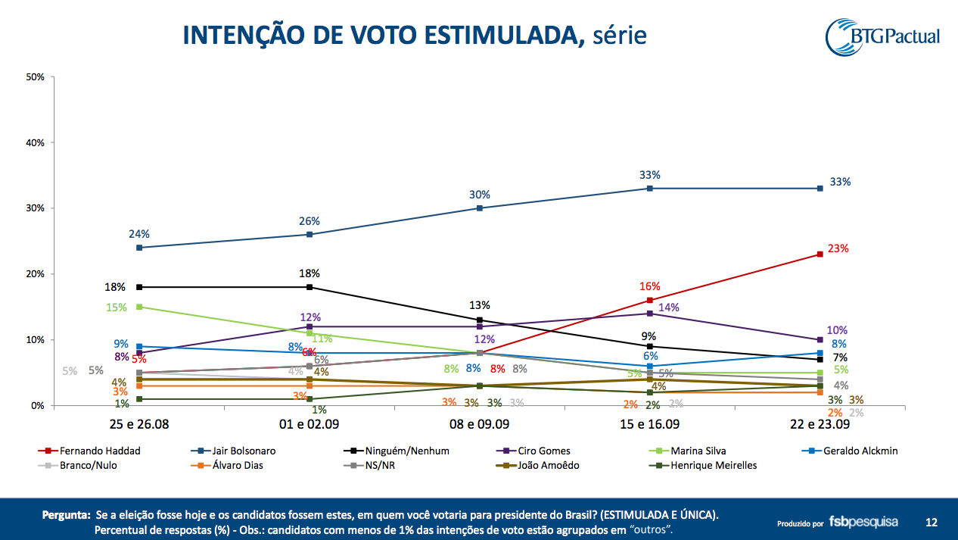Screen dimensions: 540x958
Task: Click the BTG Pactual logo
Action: pyautogui.click(x=882, y=37)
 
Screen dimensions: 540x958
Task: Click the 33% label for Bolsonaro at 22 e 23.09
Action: pyautogui.click(x=840, y=182)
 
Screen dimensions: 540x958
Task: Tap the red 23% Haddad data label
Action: pyautogui.click(x=838, y=248)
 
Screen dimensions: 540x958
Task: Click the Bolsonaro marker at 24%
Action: pyautogui.click(x=140, y=248)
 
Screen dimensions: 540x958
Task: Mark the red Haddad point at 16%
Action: pyautogui.click(x=650, y=300)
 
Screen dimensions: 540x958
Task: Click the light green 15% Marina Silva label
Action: pyautogui.click(x=117, y=307)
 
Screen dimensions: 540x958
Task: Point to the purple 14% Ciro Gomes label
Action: pyautogui.click(x=668, y=307)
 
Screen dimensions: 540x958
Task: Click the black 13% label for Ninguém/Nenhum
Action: pyautogui.click(x=479, y=305)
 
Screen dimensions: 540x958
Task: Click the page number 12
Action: pyautogui.click(x=931, y=522)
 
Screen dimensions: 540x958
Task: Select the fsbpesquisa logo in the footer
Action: pyautogui.click(x=863, y=522)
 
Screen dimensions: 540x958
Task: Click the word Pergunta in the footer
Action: pyautogui.click(x=65, y=515)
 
